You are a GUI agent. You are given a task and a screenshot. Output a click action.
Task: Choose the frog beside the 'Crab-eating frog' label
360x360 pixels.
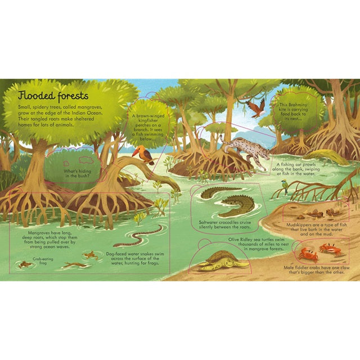click(x=25, y=264)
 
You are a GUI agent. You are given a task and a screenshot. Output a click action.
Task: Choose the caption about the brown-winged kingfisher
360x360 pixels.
click(x=149, y=128)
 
